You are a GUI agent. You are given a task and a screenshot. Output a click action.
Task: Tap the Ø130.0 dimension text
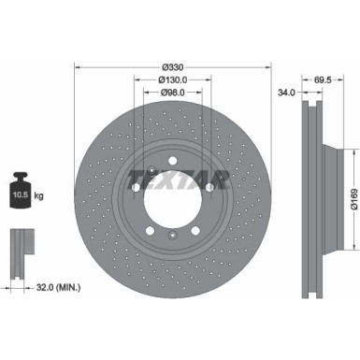(171, 79)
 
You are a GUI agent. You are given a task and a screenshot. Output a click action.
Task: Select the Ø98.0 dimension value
(171, 93)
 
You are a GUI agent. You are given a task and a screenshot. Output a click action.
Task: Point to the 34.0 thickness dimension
(287, 93)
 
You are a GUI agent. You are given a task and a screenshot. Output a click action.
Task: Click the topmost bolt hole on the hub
(171, 164)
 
